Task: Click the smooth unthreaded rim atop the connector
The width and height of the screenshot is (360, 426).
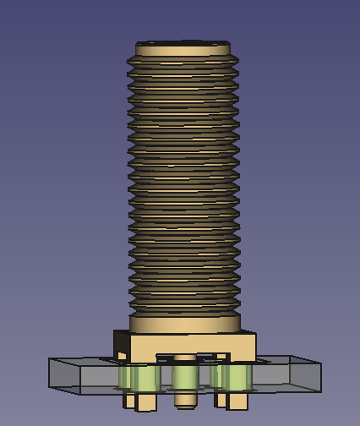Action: click(183, 51)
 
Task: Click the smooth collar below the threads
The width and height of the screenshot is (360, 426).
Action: click(184, 324)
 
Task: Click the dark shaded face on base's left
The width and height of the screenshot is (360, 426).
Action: click(122, 344)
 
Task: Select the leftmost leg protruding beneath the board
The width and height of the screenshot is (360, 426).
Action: click(129, 399)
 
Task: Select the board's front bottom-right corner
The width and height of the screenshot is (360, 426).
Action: click(320, 392)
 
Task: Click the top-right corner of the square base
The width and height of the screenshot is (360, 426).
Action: click(255, 334)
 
